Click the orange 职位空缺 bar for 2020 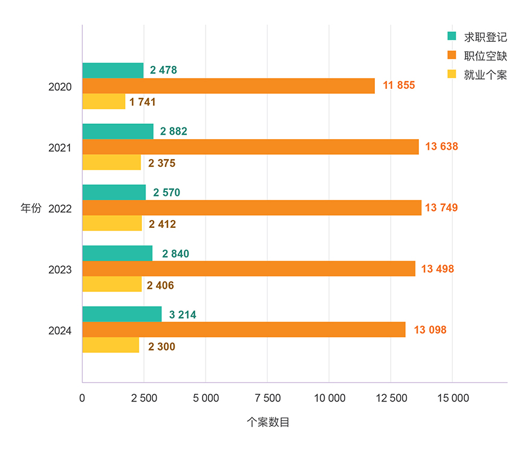click(229, 86)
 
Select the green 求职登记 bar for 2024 click(122, 314)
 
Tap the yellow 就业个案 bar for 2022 click(112, 224)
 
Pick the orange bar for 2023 click(248, 268)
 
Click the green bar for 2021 click(118, 131)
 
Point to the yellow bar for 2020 click(104, 102)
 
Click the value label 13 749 click(441, 208)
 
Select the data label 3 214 click(183, 315)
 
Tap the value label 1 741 click(143, 102)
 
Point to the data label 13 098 click(430, 330)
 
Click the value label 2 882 click(174, 132)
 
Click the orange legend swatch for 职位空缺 click(451, 56)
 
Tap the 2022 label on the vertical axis click(60, 209)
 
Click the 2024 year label click(60, 331)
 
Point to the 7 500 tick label click(268, 398)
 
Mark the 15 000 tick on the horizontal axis click(452, 398)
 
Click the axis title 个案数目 click(268, 422)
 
